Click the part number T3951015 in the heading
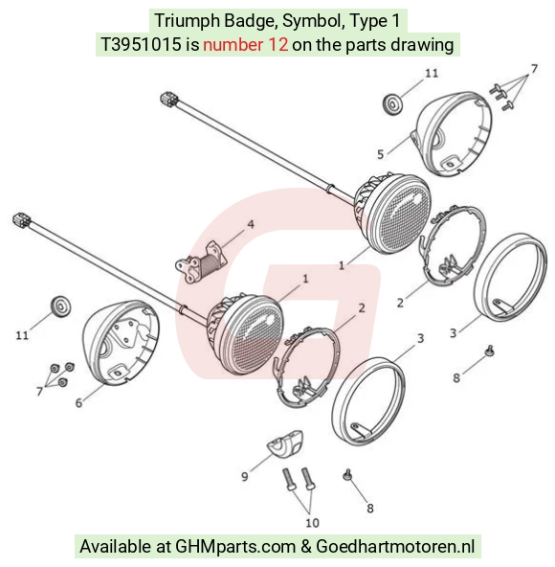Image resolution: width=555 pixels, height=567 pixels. pyautogui.click(x=142, y=45)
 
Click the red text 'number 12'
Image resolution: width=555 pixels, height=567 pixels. pyautogui.click(x=246, y=45)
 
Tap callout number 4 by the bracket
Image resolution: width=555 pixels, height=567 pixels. pyautogui.click(x=251, y=224)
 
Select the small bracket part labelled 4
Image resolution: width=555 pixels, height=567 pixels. pyautogui.click(x=201, y=261)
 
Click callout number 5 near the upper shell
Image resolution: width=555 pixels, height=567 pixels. pyautogui.click(x=381, y=154)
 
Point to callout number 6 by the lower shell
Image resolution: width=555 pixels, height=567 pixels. pyautogui.click(x=78, y=402)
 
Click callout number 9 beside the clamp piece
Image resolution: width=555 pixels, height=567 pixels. pyautogui.click(x=245, y=476)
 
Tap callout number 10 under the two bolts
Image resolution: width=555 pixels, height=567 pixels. pyautogui.click(x=312, y=523)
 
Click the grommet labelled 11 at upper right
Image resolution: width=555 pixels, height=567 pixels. pyautogui.click(x=391, y=104)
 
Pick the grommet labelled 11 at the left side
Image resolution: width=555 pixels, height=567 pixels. pyautogui.click(x=60, y=307)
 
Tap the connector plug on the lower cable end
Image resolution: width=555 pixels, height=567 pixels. pyautogui.click(x=22, y=220)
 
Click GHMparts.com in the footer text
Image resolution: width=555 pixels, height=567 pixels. pyautogui.click(x=234, y=546)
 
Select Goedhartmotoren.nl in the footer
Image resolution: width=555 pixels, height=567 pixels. pyautogui.click(x=395, y=546)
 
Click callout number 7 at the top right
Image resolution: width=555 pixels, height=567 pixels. pyautogui.click(x=534, y=68)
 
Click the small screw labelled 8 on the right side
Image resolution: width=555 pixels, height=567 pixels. pyautogui.click(x=489, y=351)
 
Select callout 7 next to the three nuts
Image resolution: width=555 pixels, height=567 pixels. pyautogui.click(x=39, y=391)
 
